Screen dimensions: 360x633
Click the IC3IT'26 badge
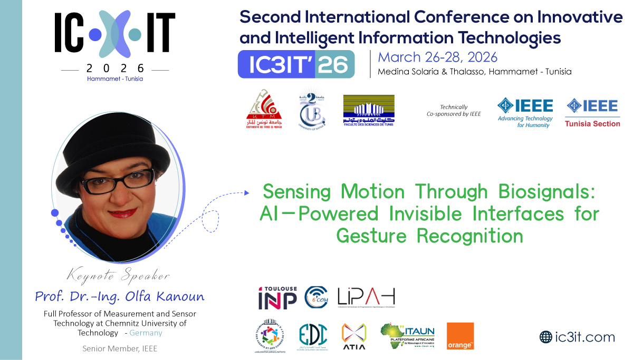(x=296, y=64)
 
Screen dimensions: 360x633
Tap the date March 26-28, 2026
(x=438, y=57)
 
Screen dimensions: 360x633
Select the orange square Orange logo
(x=460, y=336)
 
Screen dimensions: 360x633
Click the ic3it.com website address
(x=584, y=337)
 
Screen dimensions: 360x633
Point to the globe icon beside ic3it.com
(x=545, y=337)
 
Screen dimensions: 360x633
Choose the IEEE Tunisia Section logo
(x=592, y=112)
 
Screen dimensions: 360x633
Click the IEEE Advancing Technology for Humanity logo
(x=525, y=112)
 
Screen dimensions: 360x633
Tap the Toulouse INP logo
(x=277, y=298)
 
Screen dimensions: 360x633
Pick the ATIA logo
(x=354, y=336)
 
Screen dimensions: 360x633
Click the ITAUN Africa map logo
(x=407, y=336)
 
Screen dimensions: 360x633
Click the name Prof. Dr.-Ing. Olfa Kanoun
(x=119, y=296)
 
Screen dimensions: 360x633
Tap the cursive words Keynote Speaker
(x=118, y=276)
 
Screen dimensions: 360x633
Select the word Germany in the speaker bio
(x=146, y=333)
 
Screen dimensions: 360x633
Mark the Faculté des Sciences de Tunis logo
(x=369, y=111)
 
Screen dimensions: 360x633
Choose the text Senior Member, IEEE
(x=120, y=348)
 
